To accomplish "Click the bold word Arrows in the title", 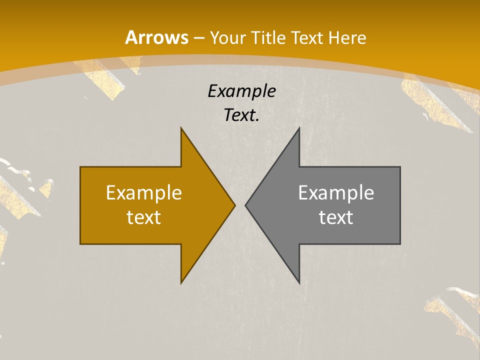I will tap(157, 37).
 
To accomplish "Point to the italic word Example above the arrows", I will tap(241, 91).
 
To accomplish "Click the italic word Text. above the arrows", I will tap(241, 115).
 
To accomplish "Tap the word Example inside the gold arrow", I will tap(144, 192).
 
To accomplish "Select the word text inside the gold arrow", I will tap(144, 217).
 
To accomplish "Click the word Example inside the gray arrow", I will tap(336, 192).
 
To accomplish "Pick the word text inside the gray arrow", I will tap(336, 217).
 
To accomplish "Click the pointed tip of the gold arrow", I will tap(234, 205).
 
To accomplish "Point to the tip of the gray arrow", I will tap(245, 205).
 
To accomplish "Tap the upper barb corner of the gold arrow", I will tap(181, 128).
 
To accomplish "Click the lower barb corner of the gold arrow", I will tap(181, 282).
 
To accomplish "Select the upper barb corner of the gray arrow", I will tap(299, 128).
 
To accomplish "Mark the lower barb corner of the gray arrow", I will tap(299, 282).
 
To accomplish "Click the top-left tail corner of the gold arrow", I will tap(80, 167).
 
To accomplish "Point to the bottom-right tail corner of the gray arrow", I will tap(400, 243).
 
